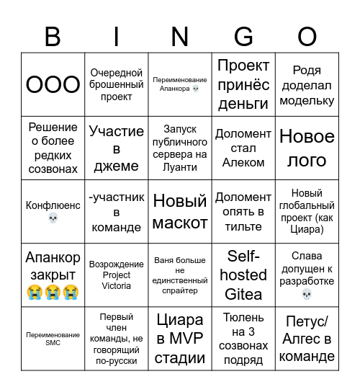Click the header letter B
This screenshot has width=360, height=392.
[x=53, y=36]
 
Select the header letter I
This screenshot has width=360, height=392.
[x=116, y=36]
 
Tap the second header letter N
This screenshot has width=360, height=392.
[x=180, y=36]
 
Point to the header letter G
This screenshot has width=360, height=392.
[x=243, y=36]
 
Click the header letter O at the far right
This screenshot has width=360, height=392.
[x=307, y=36]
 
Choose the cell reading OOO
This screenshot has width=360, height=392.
[x=53, y=84]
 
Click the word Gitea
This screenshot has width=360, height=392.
[x=243, y=294]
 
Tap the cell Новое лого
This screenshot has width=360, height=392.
[x=307, y=148]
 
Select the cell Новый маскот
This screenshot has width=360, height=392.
[x=180, y=212]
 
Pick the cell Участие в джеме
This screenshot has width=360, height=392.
[x=116, y=148]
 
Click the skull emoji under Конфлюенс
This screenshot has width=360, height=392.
[x=53, y=218]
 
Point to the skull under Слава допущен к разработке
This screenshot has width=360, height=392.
[x=307, y=294]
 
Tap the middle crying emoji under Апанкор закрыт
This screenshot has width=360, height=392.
[x=53, y=293]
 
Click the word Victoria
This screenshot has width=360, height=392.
[x=116, y=285]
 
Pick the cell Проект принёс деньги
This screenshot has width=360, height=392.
[x=243, y=84]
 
